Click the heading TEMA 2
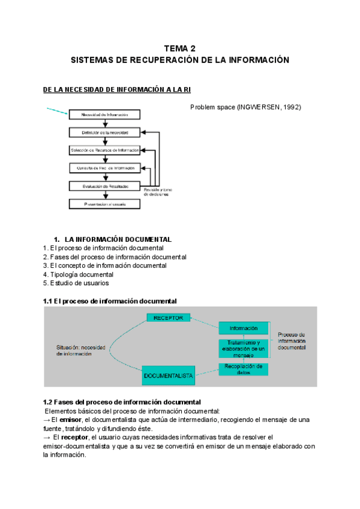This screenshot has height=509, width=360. [x=180, y=48]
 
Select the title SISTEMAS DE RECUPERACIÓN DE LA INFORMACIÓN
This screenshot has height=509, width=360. [x=180, y=60]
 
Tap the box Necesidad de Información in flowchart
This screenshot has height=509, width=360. [x=104, y=114]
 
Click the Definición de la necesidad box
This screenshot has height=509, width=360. [x=104, y=132]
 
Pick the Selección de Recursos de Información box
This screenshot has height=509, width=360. [x=104, y=150]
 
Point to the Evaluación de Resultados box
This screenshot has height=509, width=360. [x=104, y=186]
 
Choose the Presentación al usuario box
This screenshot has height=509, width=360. [x=104, y=204]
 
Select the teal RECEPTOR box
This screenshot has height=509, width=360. [x=169, y=318]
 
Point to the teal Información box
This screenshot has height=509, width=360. [x=243, y=328]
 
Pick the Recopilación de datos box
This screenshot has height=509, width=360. [x=243, y=369]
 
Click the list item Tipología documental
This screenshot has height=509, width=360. [x=78, y=274]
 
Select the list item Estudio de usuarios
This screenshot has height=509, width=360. [x=76, y=283]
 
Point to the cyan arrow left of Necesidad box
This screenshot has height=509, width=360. [x=57, y=110]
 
